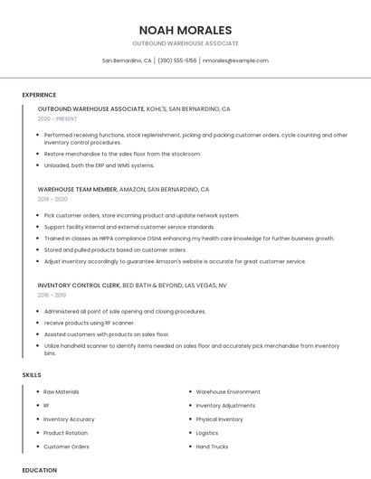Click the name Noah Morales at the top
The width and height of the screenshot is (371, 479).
185,30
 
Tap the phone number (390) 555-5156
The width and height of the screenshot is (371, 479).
176,61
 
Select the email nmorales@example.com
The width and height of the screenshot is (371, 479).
235,61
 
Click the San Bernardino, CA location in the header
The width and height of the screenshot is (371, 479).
127,61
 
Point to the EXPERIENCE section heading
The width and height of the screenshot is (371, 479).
39,95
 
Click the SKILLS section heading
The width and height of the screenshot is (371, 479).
32,374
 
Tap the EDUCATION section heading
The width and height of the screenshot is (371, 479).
40,470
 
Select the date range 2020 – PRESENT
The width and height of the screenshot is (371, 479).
57,118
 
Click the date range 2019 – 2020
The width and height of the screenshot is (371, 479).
52,199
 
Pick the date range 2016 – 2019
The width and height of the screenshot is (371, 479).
52,295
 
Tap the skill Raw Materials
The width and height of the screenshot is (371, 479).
61,392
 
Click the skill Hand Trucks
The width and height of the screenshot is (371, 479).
212,446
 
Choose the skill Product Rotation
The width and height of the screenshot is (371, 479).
65,433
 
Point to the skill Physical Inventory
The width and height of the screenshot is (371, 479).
219,419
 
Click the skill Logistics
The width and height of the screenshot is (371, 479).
206,433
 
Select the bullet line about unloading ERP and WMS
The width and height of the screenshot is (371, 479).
99,165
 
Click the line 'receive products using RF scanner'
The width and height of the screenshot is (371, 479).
89,323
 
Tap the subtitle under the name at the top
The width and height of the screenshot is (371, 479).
185,43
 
